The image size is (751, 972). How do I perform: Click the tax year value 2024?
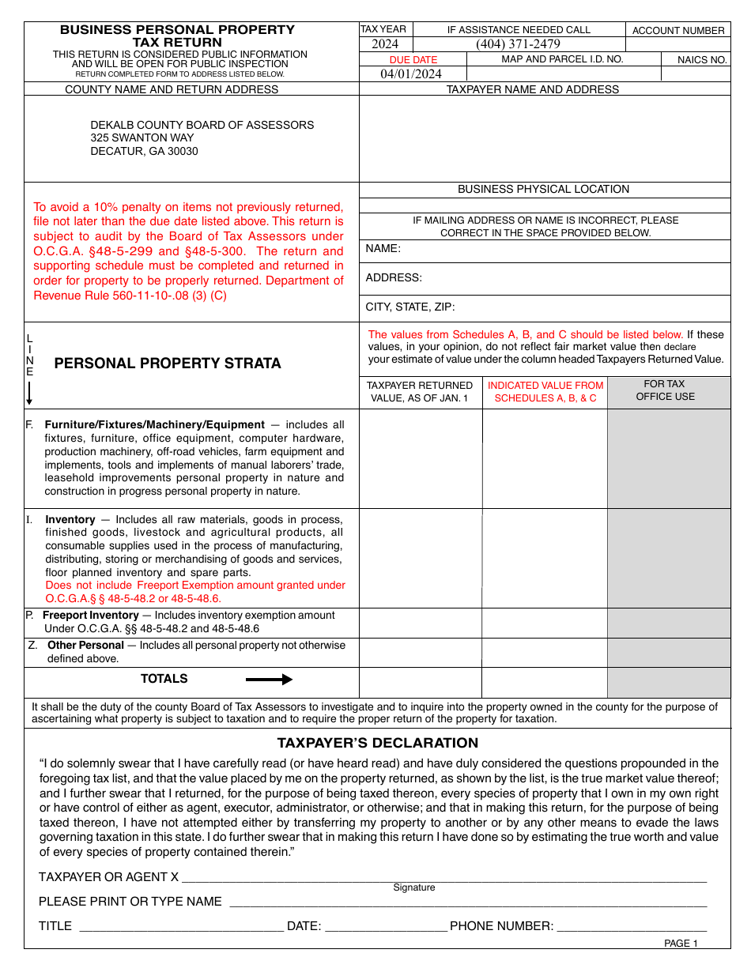coord(385,44)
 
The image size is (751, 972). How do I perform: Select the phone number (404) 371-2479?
coord(518,44)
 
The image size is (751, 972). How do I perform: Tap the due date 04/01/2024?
coord(411,73)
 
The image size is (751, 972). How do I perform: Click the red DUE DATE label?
coord(413,59)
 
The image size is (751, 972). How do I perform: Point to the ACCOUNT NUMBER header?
coord(678,30)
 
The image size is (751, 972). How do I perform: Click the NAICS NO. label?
coord(702,59)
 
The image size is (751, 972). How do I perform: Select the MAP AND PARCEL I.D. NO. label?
coord(562,59)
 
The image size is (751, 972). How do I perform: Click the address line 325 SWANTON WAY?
coord(142,138)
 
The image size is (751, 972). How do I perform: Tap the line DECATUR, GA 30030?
coord(144,151)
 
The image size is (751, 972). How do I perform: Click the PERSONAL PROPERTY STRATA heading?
coord(168,364)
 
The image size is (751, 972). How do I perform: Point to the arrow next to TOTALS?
coord(269,680)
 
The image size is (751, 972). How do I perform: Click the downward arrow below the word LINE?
coord(29,394)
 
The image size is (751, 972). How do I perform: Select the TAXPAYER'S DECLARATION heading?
coord(377,743)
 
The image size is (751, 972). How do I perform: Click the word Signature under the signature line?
coord(414,887)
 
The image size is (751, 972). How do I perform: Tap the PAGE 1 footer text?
coord(681,943)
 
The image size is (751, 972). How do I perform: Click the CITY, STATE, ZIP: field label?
coord(409,307)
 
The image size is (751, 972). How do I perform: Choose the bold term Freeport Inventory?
coord(90,615)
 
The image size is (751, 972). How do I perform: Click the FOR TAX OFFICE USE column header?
coord(665,390)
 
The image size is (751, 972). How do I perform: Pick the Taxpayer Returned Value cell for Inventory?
coord(421,558)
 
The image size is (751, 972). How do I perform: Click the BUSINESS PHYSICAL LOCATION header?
coord(544,190)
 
